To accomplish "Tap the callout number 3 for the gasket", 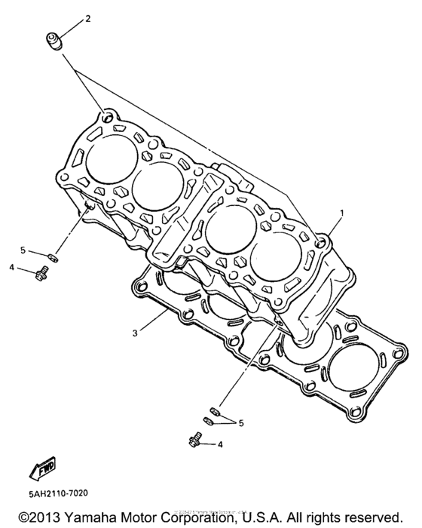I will tap(134, 332).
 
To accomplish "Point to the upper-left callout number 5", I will tap(23, 250).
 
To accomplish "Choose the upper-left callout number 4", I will tap(12, 266).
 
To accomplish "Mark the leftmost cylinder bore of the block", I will tap(111, 161).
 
